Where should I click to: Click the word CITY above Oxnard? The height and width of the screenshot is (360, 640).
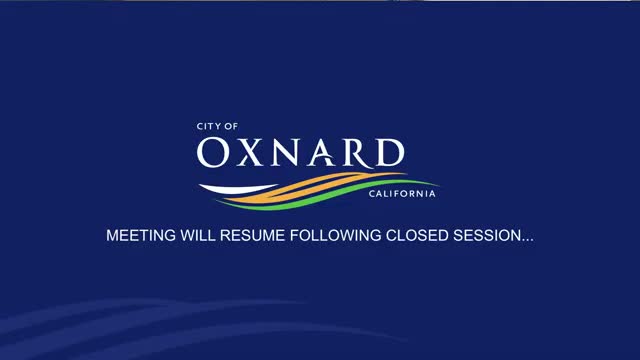click(208, 127)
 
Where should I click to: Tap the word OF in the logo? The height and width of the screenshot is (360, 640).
click(231, 127)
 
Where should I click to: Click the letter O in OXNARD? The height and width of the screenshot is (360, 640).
click(213, 152)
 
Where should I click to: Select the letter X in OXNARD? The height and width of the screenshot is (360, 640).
click(249, 153)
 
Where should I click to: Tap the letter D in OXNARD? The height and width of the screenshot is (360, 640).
click(390, 152)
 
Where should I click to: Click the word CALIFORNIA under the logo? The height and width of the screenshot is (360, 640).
click(402, 194)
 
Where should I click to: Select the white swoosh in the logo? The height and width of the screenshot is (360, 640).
click(237, 189)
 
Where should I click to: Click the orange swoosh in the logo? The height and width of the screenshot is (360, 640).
click(314, 187)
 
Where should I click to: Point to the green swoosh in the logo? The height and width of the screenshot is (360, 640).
click(327, 195)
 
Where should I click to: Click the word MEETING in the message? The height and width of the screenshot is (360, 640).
click(141, 236)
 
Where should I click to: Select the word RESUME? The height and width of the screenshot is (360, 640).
click(252, 236)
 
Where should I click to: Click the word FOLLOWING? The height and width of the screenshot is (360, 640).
click(336, 236)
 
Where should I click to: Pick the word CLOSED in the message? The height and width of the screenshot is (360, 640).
click(417, 236)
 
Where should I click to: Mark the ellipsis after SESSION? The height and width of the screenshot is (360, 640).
click(527, 240)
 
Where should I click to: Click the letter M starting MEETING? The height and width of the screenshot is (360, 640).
click(112, 236)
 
